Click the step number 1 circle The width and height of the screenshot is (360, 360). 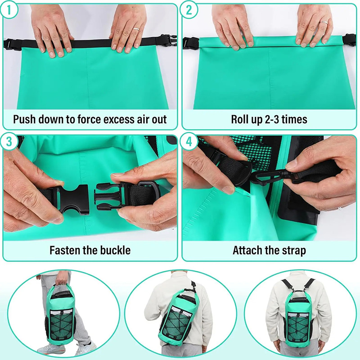tap(10, 10)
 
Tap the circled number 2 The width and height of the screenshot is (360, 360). tap(189, 10)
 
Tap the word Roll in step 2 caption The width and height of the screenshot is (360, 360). tap(241, 119)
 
